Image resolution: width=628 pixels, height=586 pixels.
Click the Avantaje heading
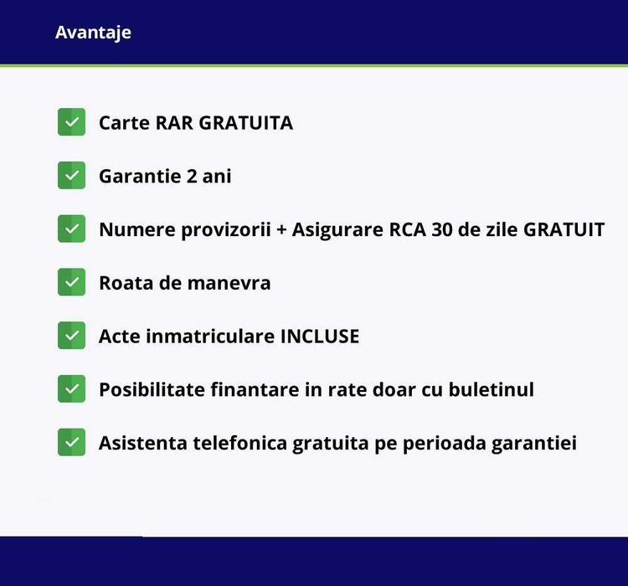pos(93,33)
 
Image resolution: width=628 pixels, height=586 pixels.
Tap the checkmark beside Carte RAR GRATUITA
pos(72,122)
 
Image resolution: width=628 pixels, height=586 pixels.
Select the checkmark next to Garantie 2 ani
pos(72,176)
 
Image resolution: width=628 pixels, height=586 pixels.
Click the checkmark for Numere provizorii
pos(72,229)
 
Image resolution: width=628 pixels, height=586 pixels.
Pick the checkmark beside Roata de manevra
pos(72,282)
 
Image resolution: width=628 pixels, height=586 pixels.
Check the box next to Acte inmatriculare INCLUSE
pos(72,336)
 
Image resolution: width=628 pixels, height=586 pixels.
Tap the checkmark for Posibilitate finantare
pos(72,388)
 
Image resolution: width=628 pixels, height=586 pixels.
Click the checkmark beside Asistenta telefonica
pos(72,442)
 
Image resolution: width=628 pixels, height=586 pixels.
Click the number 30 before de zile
pos(441,229)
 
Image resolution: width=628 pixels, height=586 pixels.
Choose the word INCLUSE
pos(319,337)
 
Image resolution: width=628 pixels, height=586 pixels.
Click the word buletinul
pos(491,389)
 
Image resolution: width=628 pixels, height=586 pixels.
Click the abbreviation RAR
pos(174,123)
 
